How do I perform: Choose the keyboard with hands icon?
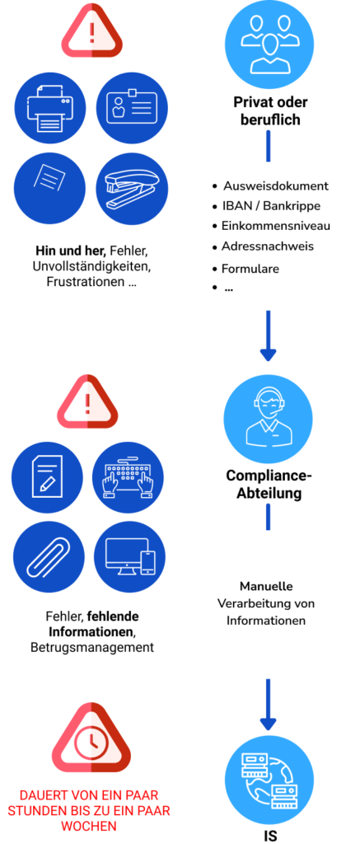[129, 474]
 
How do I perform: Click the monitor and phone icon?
[129, 557]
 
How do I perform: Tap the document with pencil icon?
[47, 474]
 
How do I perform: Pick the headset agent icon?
[268, 419]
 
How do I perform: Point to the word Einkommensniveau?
[276, 226]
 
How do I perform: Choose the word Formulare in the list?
[250, 269]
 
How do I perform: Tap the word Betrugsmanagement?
[92, 646]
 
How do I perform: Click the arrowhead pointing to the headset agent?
[268, 354]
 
